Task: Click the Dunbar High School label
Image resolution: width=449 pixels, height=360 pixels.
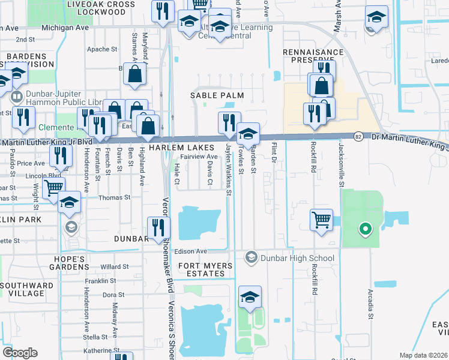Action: (x=296, y=259)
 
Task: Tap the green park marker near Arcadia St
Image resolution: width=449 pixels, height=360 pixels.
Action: (x=364, y=229)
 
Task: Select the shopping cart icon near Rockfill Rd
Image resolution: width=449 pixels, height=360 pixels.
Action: (x=322, y=220)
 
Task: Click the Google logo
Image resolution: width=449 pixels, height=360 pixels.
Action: (x=20, y=353)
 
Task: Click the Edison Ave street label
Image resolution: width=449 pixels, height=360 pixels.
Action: (x=191, y=251)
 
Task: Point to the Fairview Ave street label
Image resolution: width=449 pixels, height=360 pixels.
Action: (x=199, y=157)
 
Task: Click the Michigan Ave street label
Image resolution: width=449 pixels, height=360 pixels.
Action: (x=65, y=28)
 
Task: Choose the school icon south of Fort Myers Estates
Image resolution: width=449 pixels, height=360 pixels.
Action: (x=250, y=297)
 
